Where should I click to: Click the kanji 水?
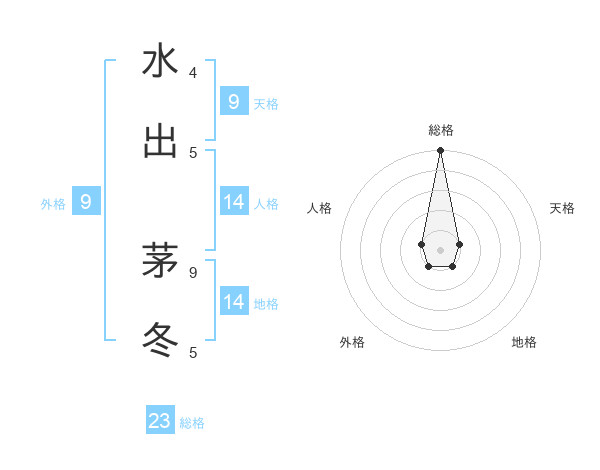pyautogui.click(x=160, y=62)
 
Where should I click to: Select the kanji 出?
pyautogui.click(x=160, y=142)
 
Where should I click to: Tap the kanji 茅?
pyautogui.click(x=160, y=262)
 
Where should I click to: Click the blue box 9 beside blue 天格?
pyautogui.click(x=233, y=101)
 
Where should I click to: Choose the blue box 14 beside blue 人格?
pyautogui.click(x=233, y=201)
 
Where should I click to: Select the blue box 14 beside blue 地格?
pyautogui.click(x=233, y=301)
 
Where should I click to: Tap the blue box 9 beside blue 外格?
pyautogui.click(x=86, y=202)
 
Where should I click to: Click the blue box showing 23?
pyautogui.click(x=160, y=421)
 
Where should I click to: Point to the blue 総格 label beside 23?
pyautogui.click(x=192, y=423)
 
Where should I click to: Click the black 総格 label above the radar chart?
pyautogui.click(x=440, y=130)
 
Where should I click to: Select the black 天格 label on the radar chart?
pyautogui.click(x=562, y=208)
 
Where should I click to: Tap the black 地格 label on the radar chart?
pyautogui.click(x=524, y=342)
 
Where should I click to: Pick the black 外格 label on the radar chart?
pyautogui.click(x=352, y=342)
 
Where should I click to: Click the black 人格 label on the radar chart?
pyautogui.click(x=320, y=208)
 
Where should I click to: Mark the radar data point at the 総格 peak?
pyautogui.click(x=440, y=151)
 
